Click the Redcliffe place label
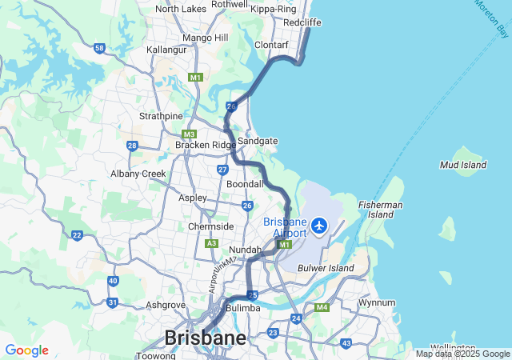pos(302,22)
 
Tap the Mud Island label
pos(463,165)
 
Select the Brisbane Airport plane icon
pos(320,226)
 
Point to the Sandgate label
pos(258,141)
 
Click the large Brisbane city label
pos(205,338)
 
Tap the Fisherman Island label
pos(381,210)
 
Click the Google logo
pos(26,350)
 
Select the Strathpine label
pos(161,116)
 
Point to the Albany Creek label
pos(138,173)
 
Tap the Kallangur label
pos(166,50)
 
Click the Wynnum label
pos(377,303)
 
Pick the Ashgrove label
pos(166,305)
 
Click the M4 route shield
pos(322,307)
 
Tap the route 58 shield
pos(99,49)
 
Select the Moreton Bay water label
pos(491,18)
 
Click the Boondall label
pos(245,184)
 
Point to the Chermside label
pos(211,226)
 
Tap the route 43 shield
pos(346,343)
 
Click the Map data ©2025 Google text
pos(462,354)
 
